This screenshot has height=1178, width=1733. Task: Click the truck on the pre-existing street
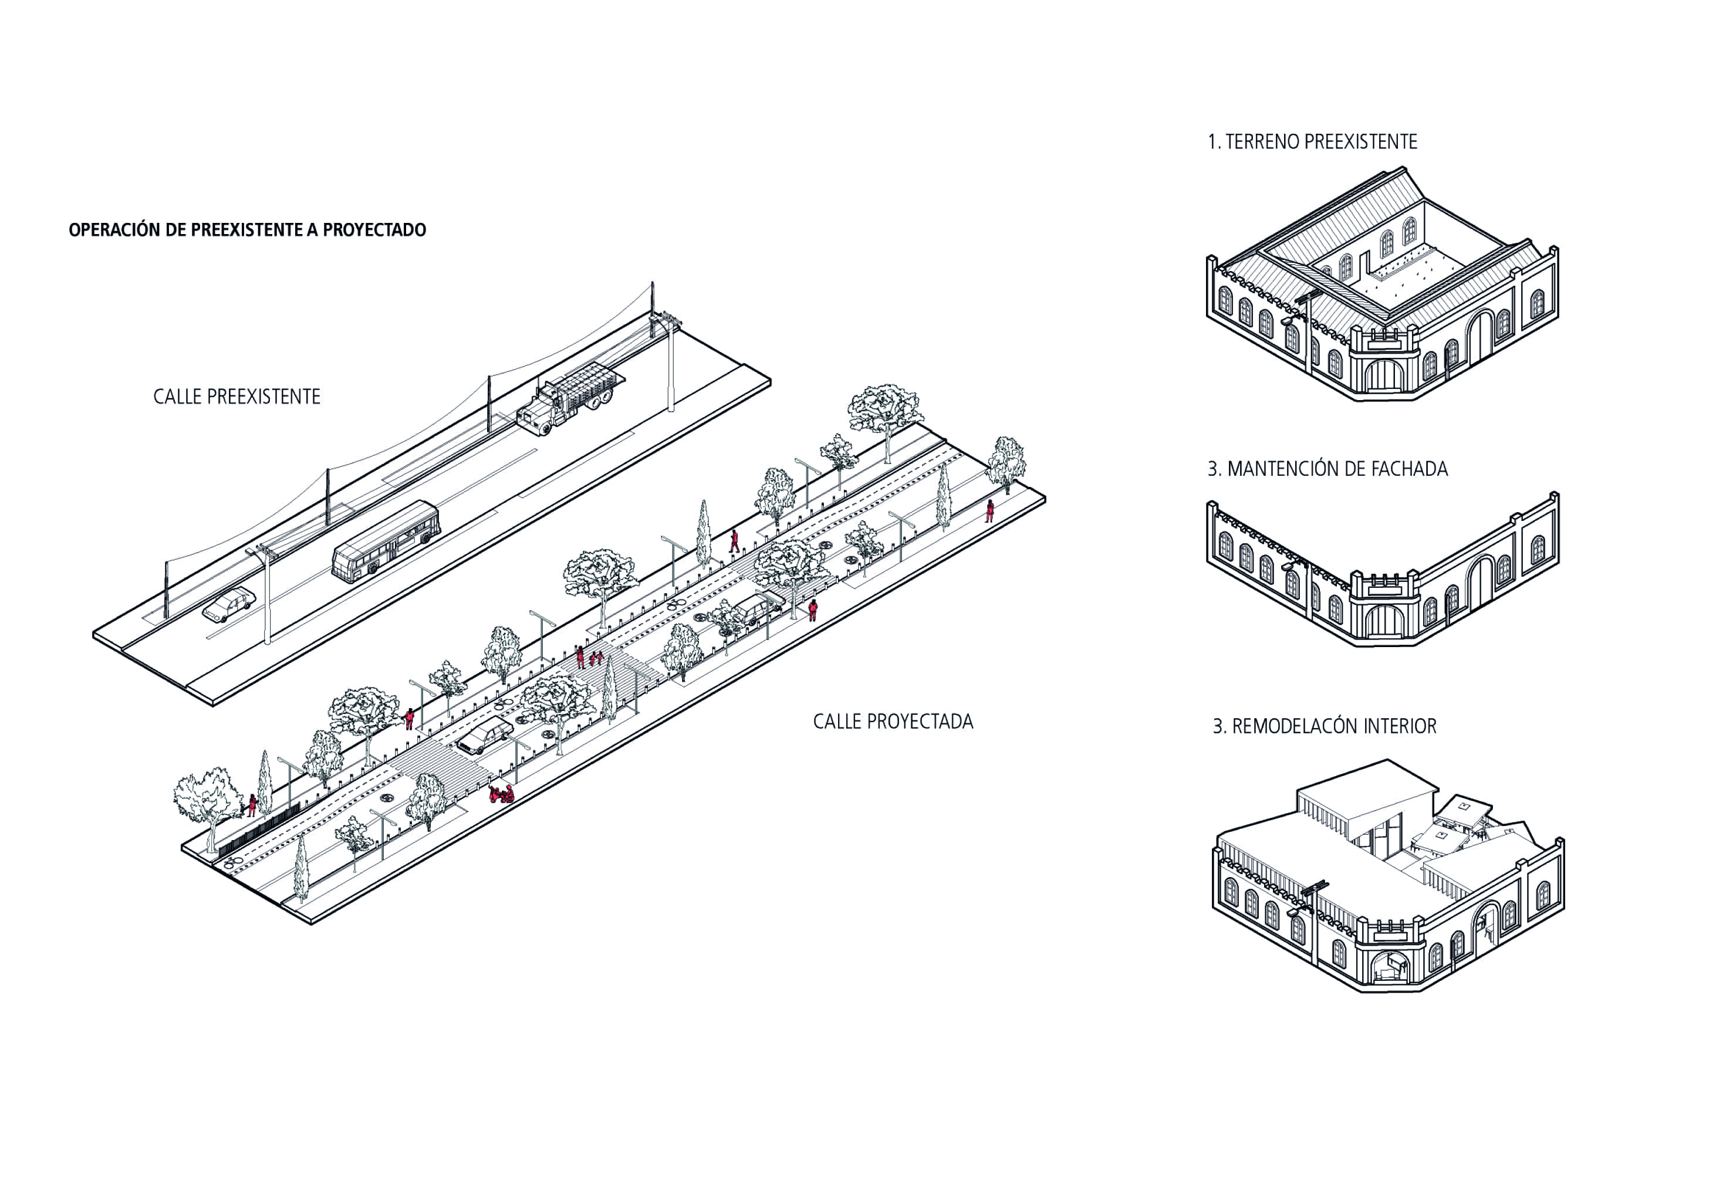click(570, 399)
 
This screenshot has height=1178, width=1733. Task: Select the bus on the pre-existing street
click(386, 540)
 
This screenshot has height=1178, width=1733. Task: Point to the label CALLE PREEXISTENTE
click(237, 397)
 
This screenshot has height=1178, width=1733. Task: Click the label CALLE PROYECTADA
click(893, 722)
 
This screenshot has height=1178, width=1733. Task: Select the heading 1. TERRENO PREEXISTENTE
click(1312, 141)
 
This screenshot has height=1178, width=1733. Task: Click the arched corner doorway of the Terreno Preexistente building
click(1384, 377)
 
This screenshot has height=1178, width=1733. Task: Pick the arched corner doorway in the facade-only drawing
click(1384, 621)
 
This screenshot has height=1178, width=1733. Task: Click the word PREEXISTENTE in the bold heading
click(247, 229)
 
